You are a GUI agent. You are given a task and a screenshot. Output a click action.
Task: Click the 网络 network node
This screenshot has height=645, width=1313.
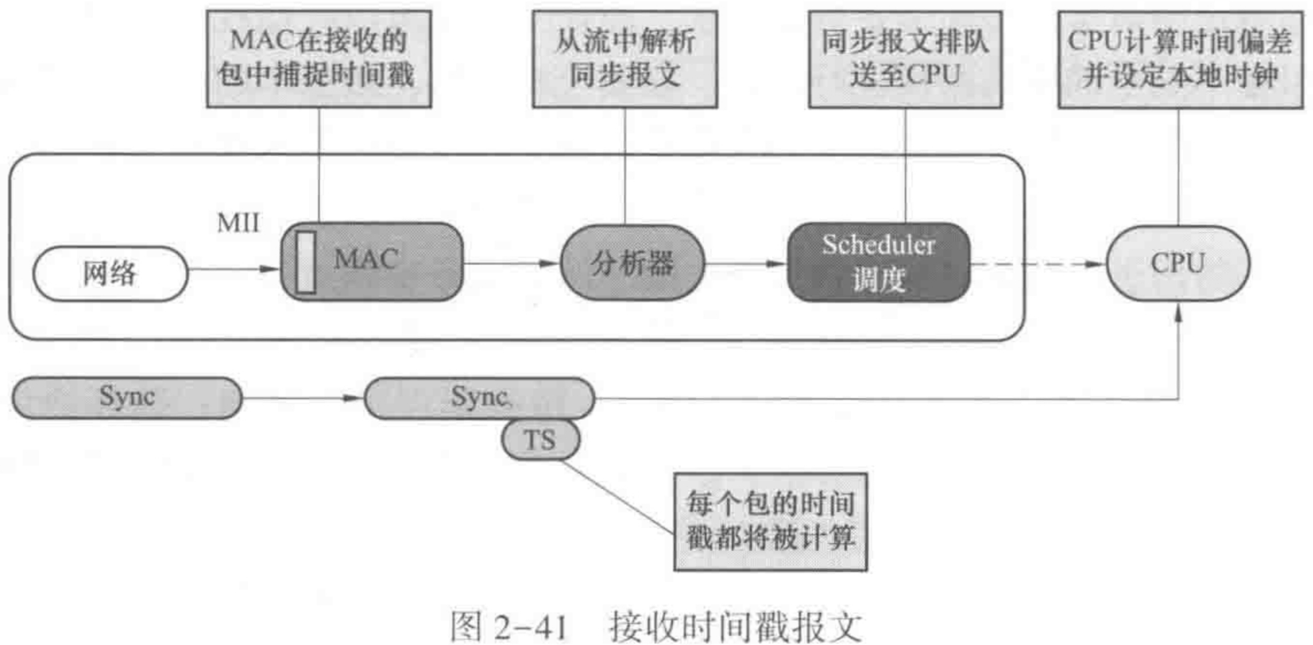tap(110, 274)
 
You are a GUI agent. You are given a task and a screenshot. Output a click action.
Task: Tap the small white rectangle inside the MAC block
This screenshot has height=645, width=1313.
tap(305, 262)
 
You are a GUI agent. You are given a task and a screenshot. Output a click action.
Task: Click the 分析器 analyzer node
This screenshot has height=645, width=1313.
tap(632, 263)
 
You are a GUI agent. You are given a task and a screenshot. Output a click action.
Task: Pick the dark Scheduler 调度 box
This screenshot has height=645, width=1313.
tap(878, 262)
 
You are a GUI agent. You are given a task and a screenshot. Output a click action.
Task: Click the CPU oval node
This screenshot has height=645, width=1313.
tap(1177, 263)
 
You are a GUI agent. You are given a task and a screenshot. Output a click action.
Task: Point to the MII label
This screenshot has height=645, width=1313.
tap(238, 223)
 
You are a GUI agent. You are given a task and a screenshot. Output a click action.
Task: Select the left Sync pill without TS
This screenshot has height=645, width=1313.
tap(127, 397)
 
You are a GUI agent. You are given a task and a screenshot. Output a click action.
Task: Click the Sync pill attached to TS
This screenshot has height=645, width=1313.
tap(479, 397)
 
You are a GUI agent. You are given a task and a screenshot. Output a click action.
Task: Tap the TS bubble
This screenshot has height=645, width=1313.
tap(540, 440)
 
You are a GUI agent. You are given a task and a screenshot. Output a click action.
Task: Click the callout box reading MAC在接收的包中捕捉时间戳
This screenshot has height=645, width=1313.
tap(319, 59)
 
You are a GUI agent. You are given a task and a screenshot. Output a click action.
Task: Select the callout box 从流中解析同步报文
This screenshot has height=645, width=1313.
tap(624, 59)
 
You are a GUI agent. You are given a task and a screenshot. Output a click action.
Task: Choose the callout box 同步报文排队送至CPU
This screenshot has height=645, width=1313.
tap(905, 59)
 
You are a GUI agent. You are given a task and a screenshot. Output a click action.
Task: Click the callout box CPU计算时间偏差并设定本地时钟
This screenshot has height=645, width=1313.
tap(1180, 59)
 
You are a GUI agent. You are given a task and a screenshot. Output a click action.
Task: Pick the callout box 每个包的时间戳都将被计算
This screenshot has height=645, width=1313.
tap(770, 521)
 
